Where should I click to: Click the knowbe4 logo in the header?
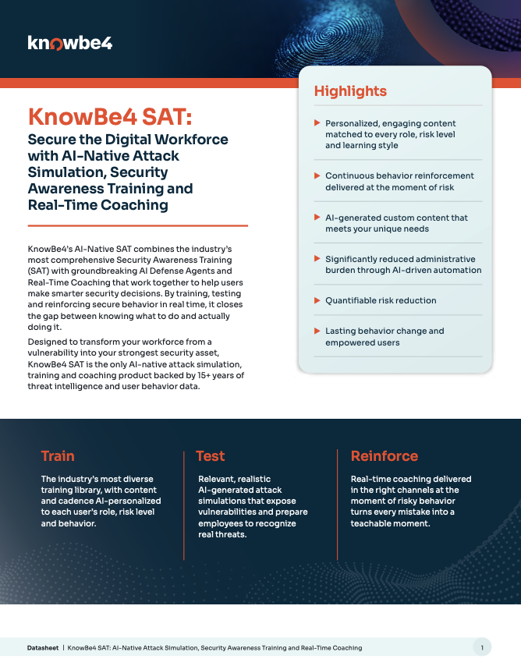tap(70, 44)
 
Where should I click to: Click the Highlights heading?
tap(350, 91)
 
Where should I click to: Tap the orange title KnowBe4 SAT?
tap(110, 117)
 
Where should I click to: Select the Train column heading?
tap(58, 455)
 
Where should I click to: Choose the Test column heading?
tap(211, 455)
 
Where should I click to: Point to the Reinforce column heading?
tap(385, 455)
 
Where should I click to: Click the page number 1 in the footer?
tap(482, 648)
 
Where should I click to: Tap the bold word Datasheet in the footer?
tap(43, 648)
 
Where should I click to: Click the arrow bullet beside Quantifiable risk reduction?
tap(317, 300)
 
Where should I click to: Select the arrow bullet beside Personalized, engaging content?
tap(317, 122)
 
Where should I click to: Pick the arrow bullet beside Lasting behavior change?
tap(317, 331)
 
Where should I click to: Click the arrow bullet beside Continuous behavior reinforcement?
tap(317, 175)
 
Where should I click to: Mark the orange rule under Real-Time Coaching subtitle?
tap(138, 225)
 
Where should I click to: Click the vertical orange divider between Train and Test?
tap(184, 505)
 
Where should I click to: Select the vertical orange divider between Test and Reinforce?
tap(338, 505)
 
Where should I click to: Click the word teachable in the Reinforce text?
tap(368, 523)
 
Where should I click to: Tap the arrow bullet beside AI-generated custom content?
tap(317, 217)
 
